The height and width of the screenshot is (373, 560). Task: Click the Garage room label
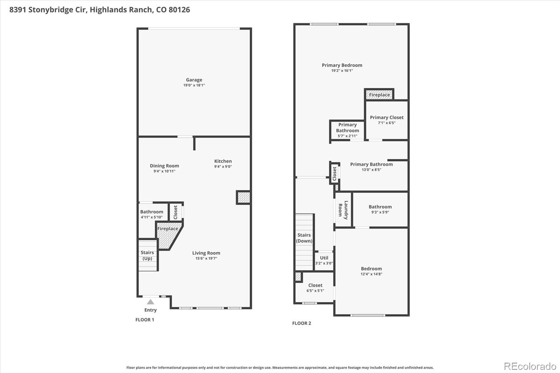tap(194, 80)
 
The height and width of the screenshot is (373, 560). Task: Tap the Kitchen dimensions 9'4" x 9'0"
tap(223, 167)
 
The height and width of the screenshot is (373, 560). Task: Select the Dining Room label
tap(164, 166)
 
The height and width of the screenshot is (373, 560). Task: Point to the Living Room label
tap(206, 253)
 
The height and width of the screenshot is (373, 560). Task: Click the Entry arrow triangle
tap(150, 302)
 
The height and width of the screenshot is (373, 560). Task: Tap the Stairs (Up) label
tap(147, 255)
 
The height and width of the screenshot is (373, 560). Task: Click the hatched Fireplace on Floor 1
tap(168, 235)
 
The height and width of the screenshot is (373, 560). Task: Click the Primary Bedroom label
tap(342, 65)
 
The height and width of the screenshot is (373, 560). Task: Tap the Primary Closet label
tap(387, 118)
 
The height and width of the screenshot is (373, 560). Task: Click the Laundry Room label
tap(343, 210)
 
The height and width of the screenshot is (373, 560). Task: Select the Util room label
tap(324, 258)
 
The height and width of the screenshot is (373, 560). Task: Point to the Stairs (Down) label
tap(304, 238)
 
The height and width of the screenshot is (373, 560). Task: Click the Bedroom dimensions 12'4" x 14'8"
tap(371, 274)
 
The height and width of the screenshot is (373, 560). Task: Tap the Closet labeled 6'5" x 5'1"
tap(315, 288)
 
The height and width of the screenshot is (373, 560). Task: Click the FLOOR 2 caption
tap(302, 323)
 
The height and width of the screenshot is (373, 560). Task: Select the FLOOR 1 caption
tap(145, 320)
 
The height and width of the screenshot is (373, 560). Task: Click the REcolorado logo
tap(530, 366)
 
